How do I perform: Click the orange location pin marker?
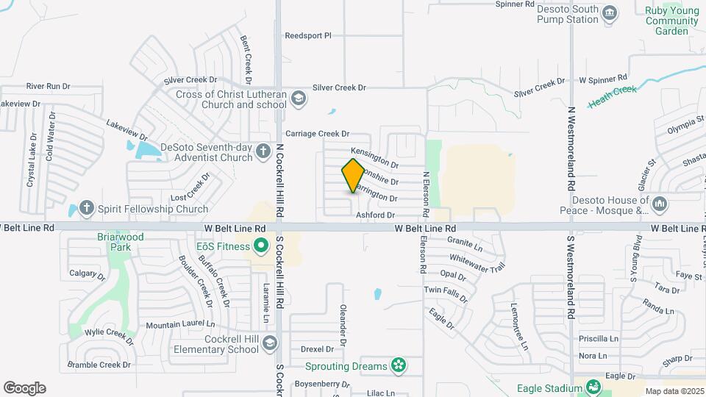tap(354, 175)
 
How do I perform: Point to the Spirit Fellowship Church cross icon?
tap(87, 209)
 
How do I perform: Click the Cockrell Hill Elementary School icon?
tap(271, 343)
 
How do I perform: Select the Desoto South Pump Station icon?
tap(609, 12)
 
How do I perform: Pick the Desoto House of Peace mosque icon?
tap(659, 204)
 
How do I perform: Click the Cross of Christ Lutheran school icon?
tap(298, 98)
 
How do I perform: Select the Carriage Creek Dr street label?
tap(317, 134)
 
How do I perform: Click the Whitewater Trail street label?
tap(478, 262)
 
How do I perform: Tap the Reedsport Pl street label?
tap(308, 35)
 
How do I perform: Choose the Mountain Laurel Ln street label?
tap(180, 324)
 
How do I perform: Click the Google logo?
tap(24, 388)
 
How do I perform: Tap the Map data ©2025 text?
tap(674, 392)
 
